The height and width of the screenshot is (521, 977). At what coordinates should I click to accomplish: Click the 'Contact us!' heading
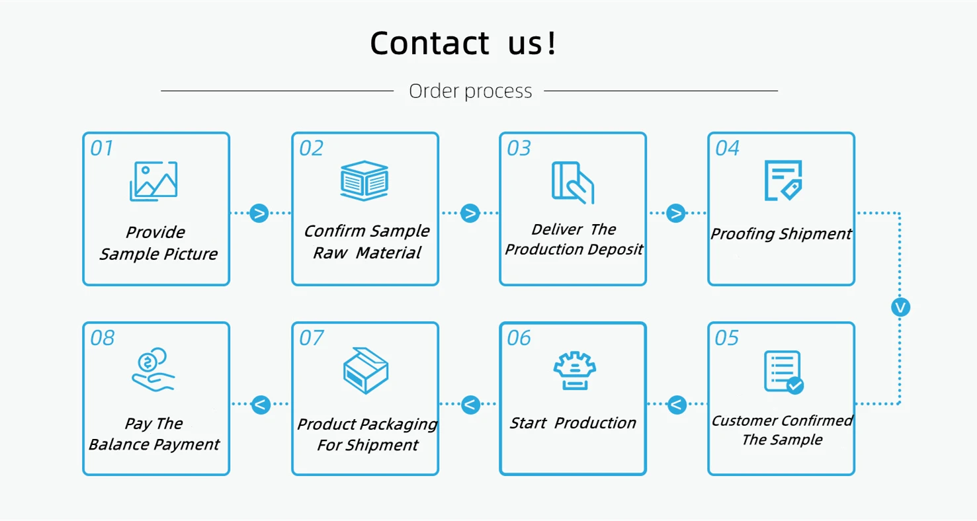[464, 43]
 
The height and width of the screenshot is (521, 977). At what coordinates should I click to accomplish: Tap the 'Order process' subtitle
[470, 91]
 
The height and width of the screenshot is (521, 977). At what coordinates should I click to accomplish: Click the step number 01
[102, 148]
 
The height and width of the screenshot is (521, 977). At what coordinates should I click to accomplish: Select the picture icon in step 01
[154, 180]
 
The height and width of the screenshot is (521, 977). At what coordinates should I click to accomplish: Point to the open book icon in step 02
[364, 180]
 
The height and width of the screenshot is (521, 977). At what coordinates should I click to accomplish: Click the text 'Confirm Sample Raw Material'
[366, 242]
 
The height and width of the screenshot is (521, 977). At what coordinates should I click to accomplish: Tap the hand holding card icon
[573, 182]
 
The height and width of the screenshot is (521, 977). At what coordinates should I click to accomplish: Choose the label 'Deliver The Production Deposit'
[574, 239]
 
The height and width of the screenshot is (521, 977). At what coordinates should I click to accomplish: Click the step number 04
[727, 148]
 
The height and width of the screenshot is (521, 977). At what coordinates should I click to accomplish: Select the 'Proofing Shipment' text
[781, 234]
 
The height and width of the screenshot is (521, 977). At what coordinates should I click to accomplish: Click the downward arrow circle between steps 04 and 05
[900, 307]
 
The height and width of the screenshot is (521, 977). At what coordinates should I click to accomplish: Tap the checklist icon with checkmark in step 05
[783, 372]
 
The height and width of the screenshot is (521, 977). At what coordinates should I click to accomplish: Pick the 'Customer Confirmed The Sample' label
[782, 430]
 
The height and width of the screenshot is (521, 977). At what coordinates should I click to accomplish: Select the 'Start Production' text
[573, 423]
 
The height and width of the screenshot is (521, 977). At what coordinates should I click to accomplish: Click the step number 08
[102, 339]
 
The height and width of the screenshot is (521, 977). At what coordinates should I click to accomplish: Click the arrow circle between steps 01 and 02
[259, 213]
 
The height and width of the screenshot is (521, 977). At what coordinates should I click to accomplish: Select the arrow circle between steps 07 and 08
[261, 404]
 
